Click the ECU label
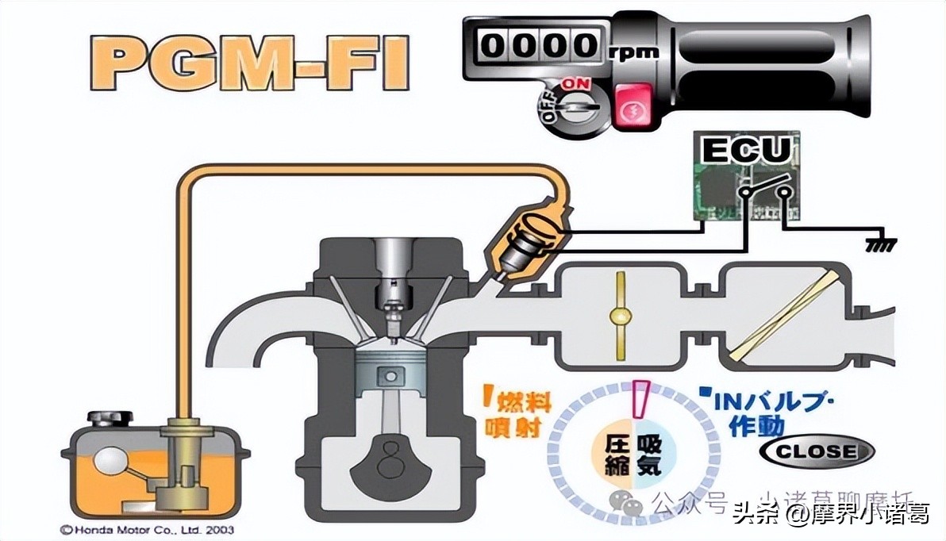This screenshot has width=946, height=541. (x=746, y=149)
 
